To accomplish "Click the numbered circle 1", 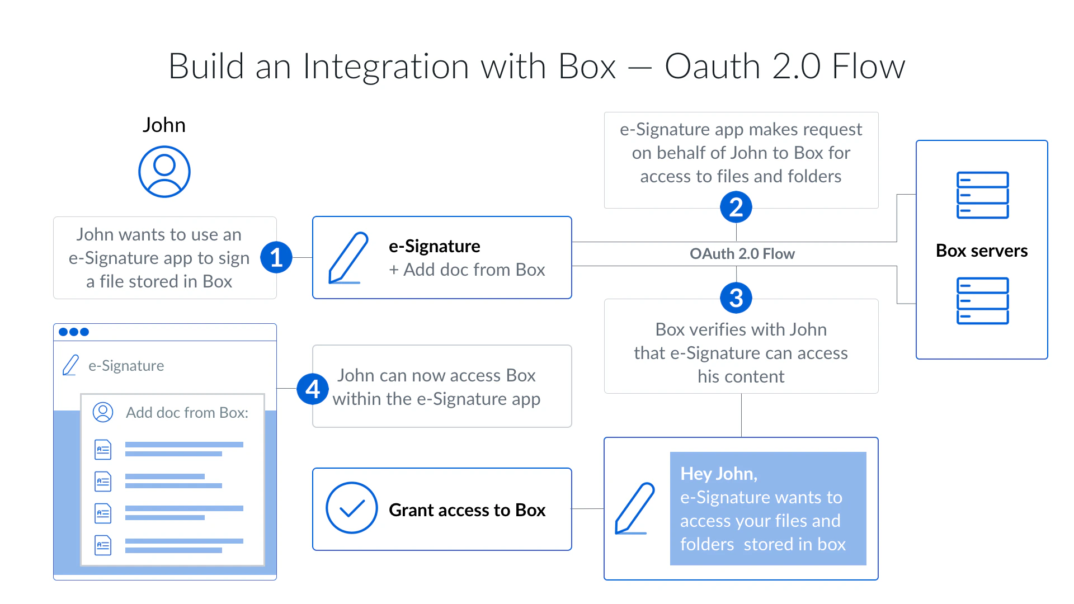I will pyautogui.click(x=276, y=257).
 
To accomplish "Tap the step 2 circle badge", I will pyautogui.click(x=736, y=207).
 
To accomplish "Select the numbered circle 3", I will pyautogui.click(x=736, y=298).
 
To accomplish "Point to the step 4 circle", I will pyautogui.click(x=313, y=389).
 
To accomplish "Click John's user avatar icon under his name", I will pyautogui.click(x=164, y=172).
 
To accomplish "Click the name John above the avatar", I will pyautogui.click(x=164, y=125).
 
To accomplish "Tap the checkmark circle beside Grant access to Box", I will pyautogui.click(x=352, y=508).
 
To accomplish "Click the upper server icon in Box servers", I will pyautogui.click(x=982, y=195).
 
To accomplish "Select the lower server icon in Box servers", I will pyautogui.click(x=982, y=301).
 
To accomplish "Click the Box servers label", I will pyautogui.click(x=982, y=251).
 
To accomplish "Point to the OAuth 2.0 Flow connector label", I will pyautogui.click(x=742, y=254).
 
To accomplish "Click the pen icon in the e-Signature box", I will pyautogui.click(x=348, y=258).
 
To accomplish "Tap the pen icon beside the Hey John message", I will pyautogui.click(x=634, y=508).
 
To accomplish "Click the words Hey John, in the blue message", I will pyautogui.click(x=719, y=474).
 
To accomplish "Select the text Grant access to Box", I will pyautogui.click(x=467, y=510).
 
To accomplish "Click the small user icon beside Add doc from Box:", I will pyautogui.click(x=103, y=412).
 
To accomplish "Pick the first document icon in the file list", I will pyautogui.click(x=103, y=449).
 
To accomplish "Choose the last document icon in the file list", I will pyautogui.click(x=103, y=545).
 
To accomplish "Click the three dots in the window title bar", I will pyautogui.click(x=74, y=332).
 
